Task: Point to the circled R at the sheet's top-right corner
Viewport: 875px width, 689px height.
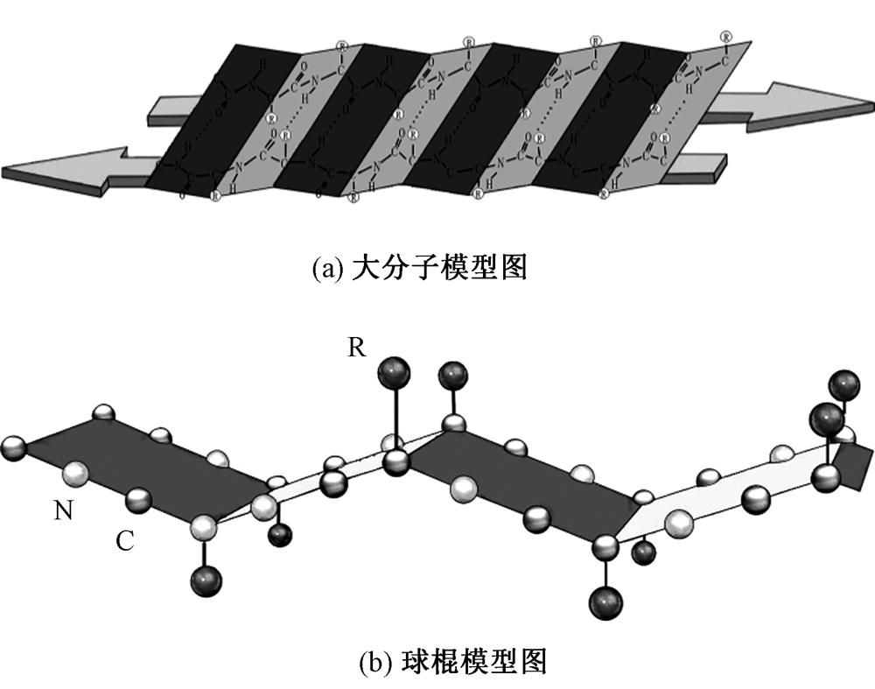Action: point(726,36)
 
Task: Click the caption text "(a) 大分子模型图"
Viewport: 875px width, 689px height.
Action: point(419,267)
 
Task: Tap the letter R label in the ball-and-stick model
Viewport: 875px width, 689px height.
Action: point(356,348)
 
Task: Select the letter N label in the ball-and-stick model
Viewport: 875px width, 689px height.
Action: point(63,510)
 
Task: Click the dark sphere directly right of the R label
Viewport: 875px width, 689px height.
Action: point(395,375)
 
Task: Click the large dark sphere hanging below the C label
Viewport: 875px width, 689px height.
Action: point(205,580)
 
